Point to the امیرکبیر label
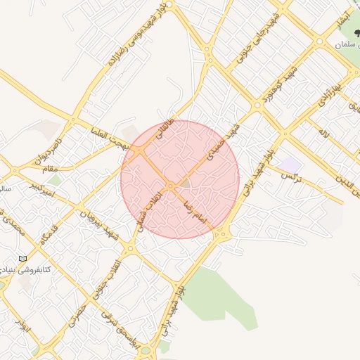coord(42,188)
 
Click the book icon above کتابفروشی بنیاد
coord(23,258)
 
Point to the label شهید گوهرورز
coord(278,84)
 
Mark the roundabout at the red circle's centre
coord(171,186)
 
